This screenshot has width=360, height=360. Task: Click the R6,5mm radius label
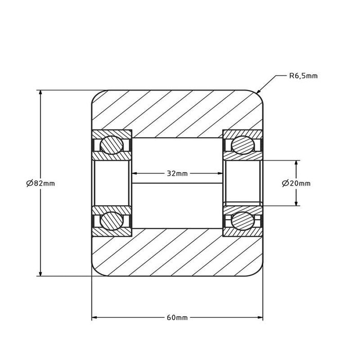point(303,76)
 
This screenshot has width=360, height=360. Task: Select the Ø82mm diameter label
point(41,183)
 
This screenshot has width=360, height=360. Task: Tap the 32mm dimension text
point(177,173)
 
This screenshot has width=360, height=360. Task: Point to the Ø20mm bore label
point(296,183)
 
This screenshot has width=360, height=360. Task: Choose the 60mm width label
point(177,317)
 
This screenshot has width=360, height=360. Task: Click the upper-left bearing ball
point(112,145)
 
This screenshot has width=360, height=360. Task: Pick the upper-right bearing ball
point(243,145)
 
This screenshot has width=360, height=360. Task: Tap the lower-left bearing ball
point(112,221)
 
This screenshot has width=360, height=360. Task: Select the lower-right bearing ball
point(243,221)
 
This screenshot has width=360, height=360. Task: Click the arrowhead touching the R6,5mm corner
point(259,91)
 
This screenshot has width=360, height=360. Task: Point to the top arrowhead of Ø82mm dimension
point(41,93)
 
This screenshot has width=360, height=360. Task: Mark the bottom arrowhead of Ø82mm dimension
point(41,274)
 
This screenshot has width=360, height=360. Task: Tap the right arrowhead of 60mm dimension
point(260,317)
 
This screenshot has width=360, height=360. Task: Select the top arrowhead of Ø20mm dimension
point(296,163)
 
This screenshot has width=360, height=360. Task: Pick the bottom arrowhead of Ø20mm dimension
point(296,203)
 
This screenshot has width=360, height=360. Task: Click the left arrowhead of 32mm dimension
point(135,173)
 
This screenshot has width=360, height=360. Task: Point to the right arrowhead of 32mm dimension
point(220,173)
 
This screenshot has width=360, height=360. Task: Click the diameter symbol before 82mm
point(29,183)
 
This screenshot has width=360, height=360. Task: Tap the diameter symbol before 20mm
point(285,183)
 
